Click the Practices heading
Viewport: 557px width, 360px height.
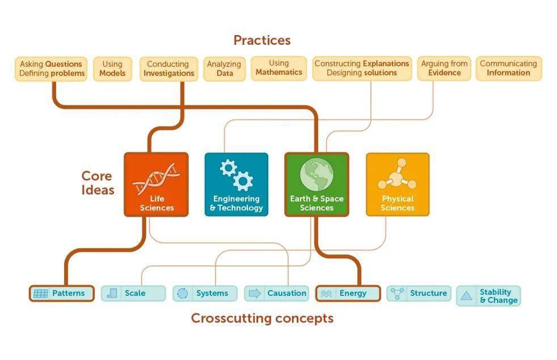pyautogui.click(x=261, y=40)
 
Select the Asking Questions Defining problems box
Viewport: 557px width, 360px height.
pyautogui.click(x=52, y=69)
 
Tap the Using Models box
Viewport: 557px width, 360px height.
pyautogui.click(x=112, y=69)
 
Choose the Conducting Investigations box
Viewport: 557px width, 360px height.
pyautogui.click(x=168, y=69)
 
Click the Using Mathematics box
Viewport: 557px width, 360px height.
pyautogui.click(x=278, y=68)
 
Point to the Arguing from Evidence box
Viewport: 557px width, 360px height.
pyautogui.click(x=444, y=68)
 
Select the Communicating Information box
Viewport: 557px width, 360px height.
pyautogui.click(x=508, y=68)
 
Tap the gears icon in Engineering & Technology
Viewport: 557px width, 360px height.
pyautogui.click(x=236, y=175)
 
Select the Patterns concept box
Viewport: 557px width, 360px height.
pyautogui.click(x=61, y=293)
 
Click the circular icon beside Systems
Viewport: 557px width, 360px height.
pyautogui.click(x=183, y=293)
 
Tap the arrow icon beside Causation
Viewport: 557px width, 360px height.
pyautogui.click(x=255, y=293)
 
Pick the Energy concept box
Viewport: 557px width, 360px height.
pyautogui.click(x=348, y=293)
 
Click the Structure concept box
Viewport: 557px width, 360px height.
pyautogui.click(x=419, y=293)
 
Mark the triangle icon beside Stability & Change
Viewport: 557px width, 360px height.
pyautogui.click(x=466, y=296)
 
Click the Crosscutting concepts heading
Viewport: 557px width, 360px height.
pyautogui.click(x=262, y=318)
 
